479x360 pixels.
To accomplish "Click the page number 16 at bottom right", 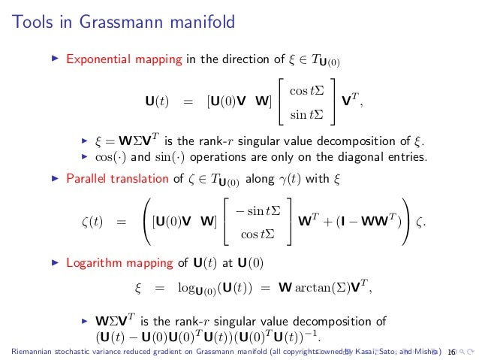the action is [451, 352].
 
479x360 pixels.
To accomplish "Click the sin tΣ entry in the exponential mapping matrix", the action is [306, 113].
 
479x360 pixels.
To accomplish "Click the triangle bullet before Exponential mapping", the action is [53, 57].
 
